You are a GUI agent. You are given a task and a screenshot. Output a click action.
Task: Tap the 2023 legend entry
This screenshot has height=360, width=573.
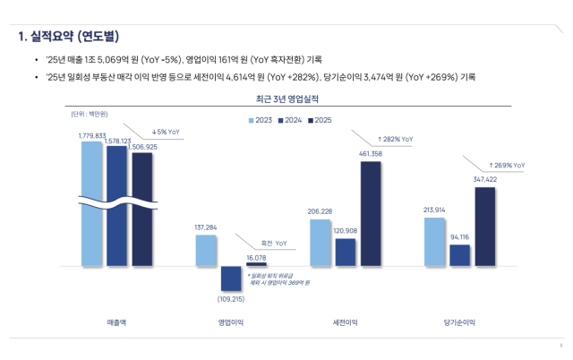[261, 120]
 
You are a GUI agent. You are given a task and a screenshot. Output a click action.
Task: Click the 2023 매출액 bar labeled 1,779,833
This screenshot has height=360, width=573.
[91, 202]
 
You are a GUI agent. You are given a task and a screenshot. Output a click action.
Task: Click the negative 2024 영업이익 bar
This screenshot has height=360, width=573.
[231, 279]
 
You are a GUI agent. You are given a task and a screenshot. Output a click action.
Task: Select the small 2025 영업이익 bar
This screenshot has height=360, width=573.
[256, 264]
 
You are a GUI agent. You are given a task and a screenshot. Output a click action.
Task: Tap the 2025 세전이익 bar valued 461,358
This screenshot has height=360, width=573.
[371, 213]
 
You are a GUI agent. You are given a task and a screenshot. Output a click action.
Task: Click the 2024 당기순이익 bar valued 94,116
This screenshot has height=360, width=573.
[460, 255]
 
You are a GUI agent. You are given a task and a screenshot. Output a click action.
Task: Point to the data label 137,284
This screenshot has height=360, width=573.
[206, 227]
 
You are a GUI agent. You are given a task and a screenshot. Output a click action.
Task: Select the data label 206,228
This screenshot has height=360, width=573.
[320, 211]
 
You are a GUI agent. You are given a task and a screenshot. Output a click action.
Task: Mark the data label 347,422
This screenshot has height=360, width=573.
[484, 180]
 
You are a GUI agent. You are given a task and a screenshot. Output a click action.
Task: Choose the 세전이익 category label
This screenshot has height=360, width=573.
[345, 321]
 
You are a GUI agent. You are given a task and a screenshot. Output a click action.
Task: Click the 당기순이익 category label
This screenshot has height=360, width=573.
[459, 321]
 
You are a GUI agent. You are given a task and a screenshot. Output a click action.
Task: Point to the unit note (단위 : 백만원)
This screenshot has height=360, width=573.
[89, 114]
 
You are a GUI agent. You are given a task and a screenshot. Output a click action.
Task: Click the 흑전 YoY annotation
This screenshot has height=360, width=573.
[274, 243]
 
